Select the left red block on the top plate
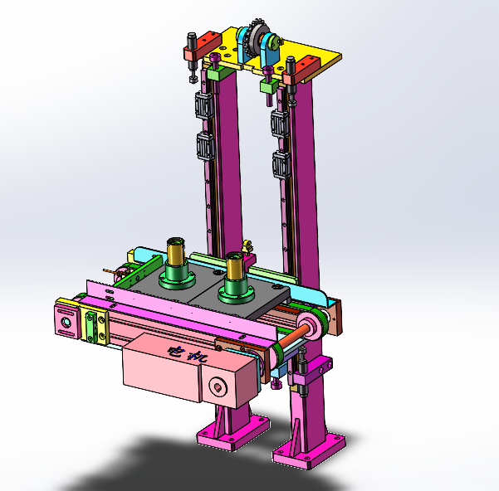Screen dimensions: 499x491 [x=203, y=46]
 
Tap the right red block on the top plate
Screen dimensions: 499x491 [x=301, y=70]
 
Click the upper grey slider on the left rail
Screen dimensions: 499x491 [x=204, y=105]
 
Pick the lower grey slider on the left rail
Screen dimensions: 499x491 [x=205, y=147]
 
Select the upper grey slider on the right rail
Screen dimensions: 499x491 [x=280, y=124]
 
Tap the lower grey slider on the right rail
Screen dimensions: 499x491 [x=281, y=165]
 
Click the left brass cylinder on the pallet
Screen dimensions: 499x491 [x=176, y=252]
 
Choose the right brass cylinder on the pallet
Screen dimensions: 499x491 [x=235, y=266]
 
